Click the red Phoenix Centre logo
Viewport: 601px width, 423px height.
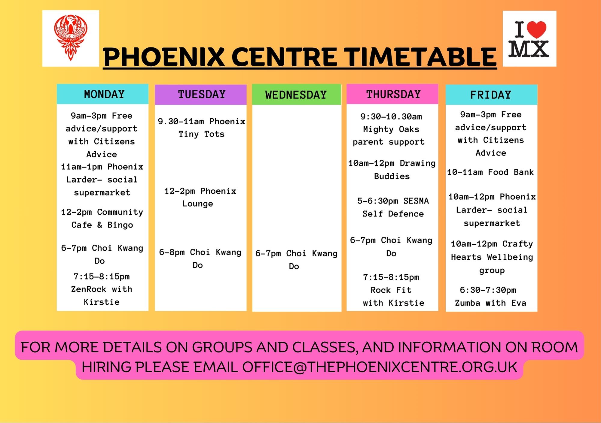(71, 38)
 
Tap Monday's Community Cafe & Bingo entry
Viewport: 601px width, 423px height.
(102, 218)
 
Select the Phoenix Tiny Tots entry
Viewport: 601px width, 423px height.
(201, 128)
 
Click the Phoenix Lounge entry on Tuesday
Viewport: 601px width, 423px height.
(200, 197)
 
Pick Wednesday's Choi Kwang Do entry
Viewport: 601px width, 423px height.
(296, 260)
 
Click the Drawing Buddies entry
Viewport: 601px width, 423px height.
(392, 170)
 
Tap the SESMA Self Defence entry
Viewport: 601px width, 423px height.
(393, 207)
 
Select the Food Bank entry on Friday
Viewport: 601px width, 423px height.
(490, 172)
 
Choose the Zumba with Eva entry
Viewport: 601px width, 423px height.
(490, 296)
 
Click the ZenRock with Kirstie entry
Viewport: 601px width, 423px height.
(102, 289)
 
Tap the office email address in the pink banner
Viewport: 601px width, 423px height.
(380, 367)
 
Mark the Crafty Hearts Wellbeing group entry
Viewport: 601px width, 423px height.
(492, 257)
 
